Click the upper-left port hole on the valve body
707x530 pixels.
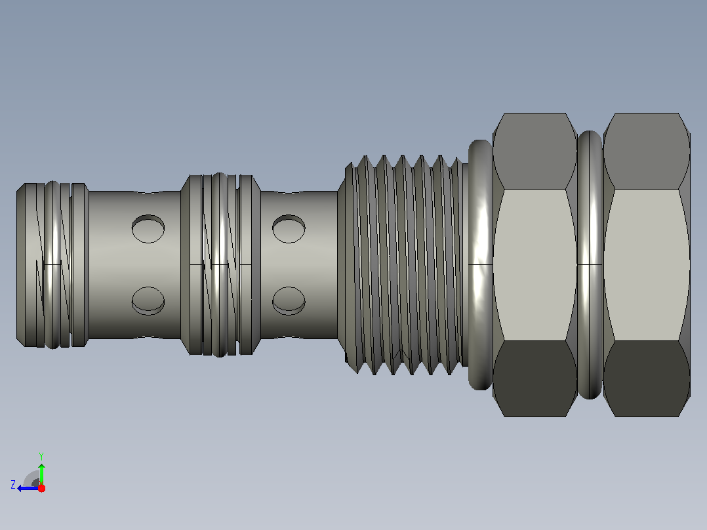[148, 229]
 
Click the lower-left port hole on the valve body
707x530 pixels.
[148, 301]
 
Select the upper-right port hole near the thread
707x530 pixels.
[289, 229]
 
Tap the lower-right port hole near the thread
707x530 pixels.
[289, 301]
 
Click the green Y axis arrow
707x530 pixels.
[41, 473]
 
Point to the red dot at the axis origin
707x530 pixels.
[41, 488]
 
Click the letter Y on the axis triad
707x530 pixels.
[41, 456]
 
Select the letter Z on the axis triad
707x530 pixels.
[13, 485]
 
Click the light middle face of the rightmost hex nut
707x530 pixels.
[647, 265]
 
